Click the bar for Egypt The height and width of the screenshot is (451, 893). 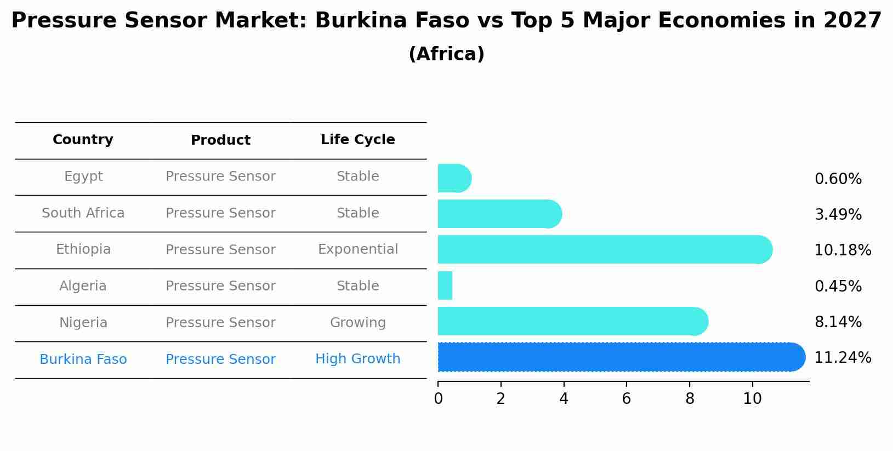pyautogui.click(x=454, y=178)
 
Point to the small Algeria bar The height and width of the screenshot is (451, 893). pyautogui.click(x=445, y=286)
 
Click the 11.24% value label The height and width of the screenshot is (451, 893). pyautogui.click(x=842, y=358)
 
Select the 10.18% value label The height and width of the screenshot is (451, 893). pyautogui.click(x=842, y=250)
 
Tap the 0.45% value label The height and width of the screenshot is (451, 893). pyautogui.click(x=838, y=287)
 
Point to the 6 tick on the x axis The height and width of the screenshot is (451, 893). pyautogui.click(x=627, y=399)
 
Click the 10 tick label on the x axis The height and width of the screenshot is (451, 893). pyautogui.click(x=752, y=399)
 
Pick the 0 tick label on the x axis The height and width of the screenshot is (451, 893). pyautogui.click(x=438, y=399)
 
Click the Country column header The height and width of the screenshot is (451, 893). pyautogui.click(x=83, y=140)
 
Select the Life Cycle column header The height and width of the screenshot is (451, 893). pyautogui.click(x=357, y=140)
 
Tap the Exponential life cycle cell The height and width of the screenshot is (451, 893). pyautogui.click(x=357, y=249)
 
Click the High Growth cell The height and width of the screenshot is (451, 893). pyautogui.click(x=357, y=359)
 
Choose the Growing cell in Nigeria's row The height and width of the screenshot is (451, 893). pyautogui.click(x=357, y=323)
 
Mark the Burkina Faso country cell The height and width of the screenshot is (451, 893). pyautogui.click(x=83, y=359)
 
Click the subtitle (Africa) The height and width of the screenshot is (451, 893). pyautogui.click(x=446, y=54)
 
